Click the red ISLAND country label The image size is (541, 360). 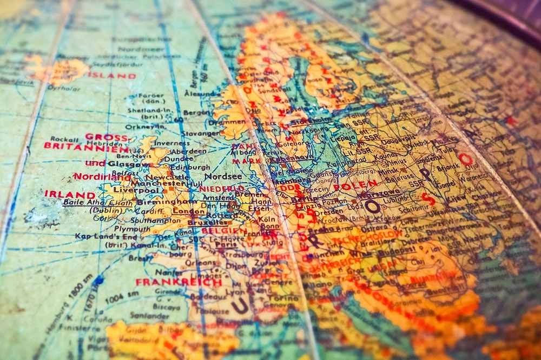click(112, 76)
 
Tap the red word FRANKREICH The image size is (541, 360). click(179, 282)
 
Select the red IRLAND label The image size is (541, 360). click(70, 194)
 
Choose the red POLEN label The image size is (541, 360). click(355, 186)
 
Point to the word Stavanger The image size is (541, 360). click(200, 133)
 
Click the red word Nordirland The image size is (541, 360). click(102, 176)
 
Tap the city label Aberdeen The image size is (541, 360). click(188, 151)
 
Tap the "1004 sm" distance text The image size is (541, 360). click(121, 296)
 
